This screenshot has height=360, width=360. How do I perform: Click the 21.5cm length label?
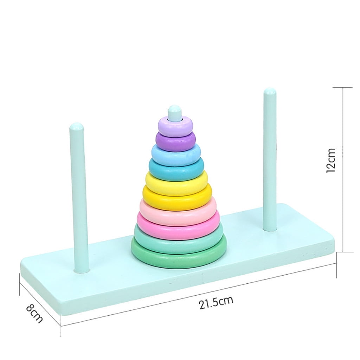click(216, 303)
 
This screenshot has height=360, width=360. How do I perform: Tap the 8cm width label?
click(34, 313)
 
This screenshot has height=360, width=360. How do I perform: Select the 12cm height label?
click(331, 160)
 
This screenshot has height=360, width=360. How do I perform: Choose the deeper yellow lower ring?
click(177, 200)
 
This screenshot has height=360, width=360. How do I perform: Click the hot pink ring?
click(178, 229)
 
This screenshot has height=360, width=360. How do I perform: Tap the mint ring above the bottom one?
click(179, 243)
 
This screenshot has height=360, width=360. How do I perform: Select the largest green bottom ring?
click(179, 258)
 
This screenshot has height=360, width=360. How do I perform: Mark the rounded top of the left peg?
click(76, 127)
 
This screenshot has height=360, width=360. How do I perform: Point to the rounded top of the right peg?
click(270, 92)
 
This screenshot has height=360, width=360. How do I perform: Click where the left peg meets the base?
click(82, 270)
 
